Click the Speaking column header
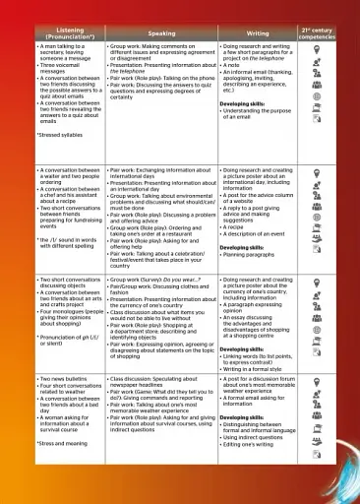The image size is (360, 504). (161, 33)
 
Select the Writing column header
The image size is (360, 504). (258, 33)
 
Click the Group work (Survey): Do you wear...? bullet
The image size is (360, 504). (167, 281)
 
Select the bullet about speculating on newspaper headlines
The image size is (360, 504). (167, 382)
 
